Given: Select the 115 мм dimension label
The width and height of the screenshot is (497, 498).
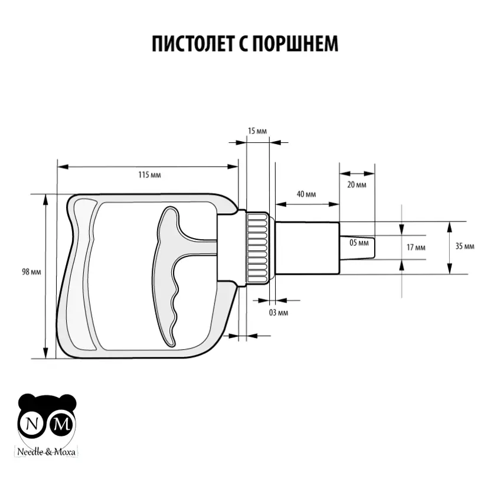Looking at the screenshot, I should point(149,175).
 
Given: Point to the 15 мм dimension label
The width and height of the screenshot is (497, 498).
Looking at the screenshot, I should point(256,131).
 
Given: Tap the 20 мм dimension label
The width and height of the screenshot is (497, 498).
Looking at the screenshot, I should point(357,185).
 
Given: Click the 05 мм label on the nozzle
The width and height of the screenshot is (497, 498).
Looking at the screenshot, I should point(358,243).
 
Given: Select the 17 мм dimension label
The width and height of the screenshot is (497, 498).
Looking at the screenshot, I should point(416,248).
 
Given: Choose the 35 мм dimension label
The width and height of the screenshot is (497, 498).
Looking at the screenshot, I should point(465,246).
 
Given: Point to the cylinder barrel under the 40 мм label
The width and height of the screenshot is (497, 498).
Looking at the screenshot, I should point(307,247).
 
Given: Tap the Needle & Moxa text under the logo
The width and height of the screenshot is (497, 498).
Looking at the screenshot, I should point(48,453).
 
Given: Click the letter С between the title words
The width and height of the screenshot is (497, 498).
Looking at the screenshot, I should point(244,45).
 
